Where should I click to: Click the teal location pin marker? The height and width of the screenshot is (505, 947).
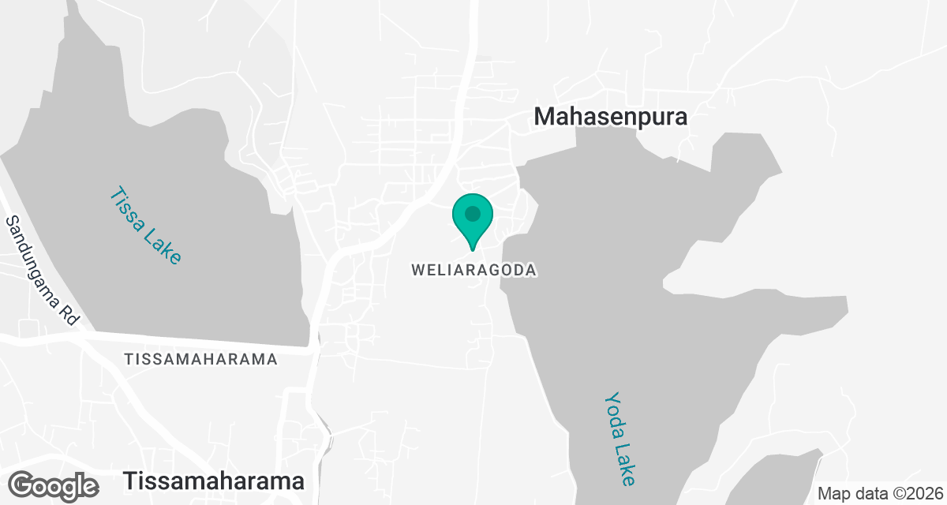coord(473,220)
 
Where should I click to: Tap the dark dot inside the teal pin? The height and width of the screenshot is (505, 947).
coord(473,214)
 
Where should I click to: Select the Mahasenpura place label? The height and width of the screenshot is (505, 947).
coord(611,117)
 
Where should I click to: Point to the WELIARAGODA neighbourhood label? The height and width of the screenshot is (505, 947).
coord(473,270)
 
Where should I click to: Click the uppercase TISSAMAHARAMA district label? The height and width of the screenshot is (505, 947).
coord(200,359)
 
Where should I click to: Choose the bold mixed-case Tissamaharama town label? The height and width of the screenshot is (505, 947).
coord(214,481)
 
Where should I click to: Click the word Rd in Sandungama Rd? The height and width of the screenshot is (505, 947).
coord(70,315)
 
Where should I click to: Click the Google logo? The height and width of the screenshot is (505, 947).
coord(54,485)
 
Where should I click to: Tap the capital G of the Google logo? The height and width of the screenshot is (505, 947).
coord(24,485)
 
